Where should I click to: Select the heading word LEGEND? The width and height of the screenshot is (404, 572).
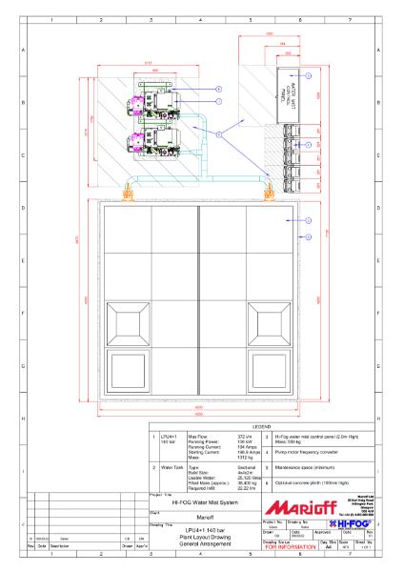coord(261,426)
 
